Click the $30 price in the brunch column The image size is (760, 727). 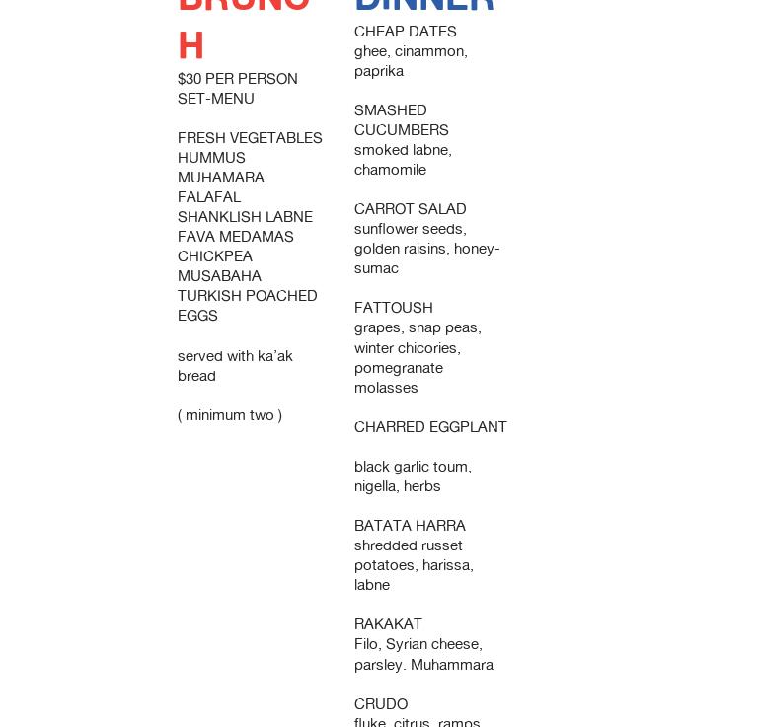190,79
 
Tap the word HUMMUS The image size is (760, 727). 211,158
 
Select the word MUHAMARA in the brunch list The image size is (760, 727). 221,178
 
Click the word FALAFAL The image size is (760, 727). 209,197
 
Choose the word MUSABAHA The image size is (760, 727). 219,276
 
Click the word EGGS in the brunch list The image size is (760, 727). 197,316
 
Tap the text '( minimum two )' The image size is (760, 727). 230,415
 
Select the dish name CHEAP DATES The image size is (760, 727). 406,32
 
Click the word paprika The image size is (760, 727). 379,71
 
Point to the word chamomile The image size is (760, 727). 391,170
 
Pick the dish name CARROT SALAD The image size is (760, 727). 411,209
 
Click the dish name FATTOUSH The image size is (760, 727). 394,308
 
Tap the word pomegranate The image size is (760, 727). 399,368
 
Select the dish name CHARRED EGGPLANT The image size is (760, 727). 430,427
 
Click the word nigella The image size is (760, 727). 376,486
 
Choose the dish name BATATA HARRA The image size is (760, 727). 410,526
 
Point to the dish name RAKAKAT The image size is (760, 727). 388,624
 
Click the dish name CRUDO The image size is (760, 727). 381,704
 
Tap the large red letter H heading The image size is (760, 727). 190,46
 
